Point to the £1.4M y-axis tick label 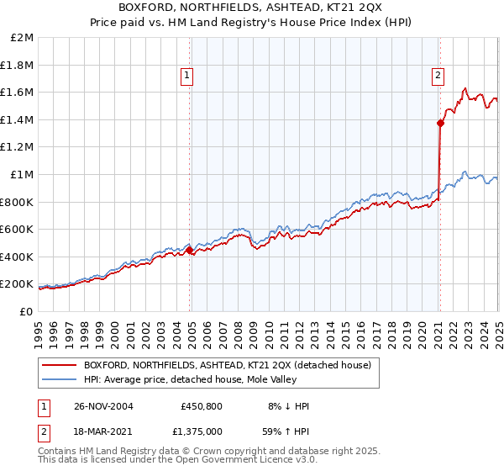(18, 119)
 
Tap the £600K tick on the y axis (18, 229)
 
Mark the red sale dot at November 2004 (190, 250)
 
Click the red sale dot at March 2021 (440, 123)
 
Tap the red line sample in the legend (59, 365)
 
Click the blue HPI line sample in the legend (59, 379)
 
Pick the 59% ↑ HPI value (288, 431)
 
